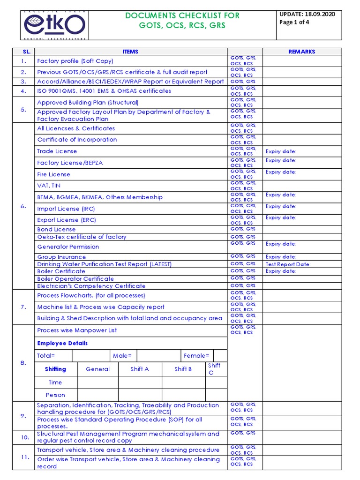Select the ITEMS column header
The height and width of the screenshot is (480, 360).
[130, 52]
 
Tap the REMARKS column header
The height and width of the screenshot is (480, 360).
[302, 52]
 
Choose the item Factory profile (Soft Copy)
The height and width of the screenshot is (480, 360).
[75, 61]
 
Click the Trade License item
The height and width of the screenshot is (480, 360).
[57, 151]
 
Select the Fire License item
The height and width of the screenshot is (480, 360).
[53, 174]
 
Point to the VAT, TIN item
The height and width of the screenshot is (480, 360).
[49, 186]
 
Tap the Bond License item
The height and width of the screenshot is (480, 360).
[56, 229]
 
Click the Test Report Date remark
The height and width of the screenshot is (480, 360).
[288, 264]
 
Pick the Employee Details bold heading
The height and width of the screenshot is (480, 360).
[62, 343]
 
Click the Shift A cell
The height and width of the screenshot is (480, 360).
[140, 369]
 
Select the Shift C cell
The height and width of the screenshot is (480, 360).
[214, 369]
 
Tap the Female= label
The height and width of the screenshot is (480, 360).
[197, 356]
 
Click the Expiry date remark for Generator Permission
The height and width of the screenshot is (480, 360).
[281, 244]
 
